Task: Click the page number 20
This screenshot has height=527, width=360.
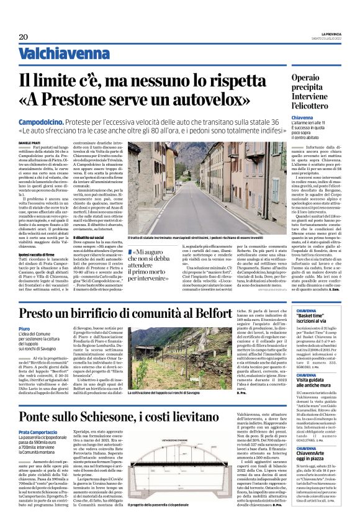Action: coord(23,37)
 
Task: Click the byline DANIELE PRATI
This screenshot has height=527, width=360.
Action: coord(29,142)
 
